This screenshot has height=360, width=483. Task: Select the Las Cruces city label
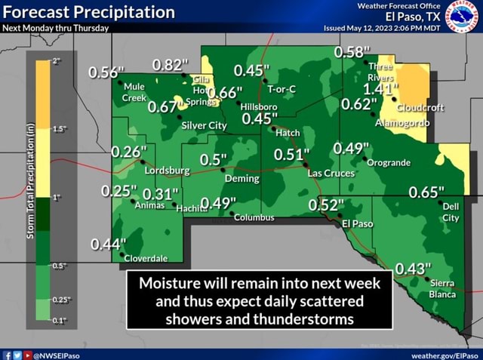(x=331, y=173)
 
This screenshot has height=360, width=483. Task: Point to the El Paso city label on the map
(x=358, y=224)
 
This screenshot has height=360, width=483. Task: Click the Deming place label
(x=241, y=179)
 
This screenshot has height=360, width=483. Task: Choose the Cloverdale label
(x=146, y=258)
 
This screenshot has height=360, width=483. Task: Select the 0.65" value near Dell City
(x=426, y=192)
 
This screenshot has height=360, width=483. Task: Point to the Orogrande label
(x=389, y=162)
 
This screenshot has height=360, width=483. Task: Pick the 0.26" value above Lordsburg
(x=129, y=152)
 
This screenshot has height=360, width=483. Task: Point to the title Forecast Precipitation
(x=88, y=12)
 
